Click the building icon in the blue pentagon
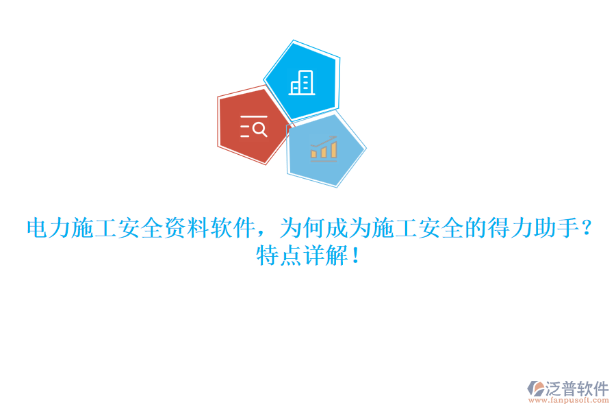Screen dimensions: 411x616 coord(302,82)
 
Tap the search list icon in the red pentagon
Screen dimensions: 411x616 coord(253,127)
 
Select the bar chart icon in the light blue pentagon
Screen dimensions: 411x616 coord(323,148)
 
